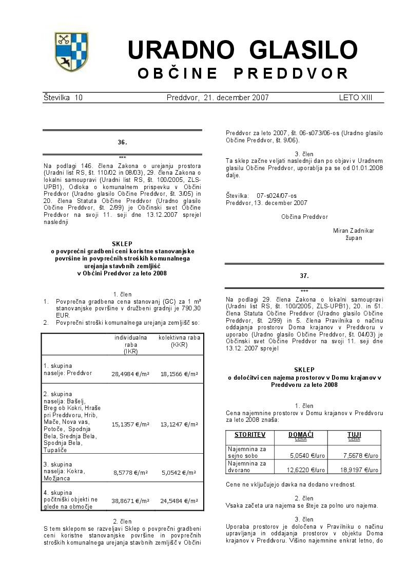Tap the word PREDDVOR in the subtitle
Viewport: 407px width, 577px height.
click(292, 73)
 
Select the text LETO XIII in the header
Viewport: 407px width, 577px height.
click(355, 97)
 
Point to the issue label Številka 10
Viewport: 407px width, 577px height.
click(63, 97)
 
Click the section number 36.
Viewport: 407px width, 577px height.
click(122, 142)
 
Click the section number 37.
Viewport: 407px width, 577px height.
click(304, 276)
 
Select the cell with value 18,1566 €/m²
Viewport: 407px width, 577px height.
click(179, 374)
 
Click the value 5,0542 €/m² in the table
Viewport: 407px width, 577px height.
click(179, 472)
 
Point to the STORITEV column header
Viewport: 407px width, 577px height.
click(250, 435)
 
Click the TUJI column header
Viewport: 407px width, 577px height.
click(354, 435)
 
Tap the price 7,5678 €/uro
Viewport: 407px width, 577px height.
click(361, 455)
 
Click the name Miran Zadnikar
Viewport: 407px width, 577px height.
click(354, 231)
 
